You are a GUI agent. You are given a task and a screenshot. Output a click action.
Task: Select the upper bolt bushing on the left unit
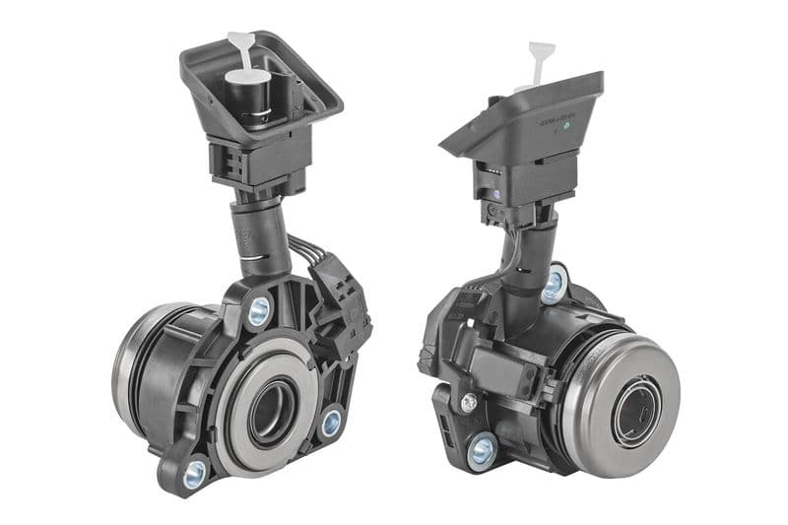[259, 312]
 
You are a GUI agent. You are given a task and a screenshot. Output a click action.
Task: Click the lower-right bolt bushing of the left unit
[331, 423]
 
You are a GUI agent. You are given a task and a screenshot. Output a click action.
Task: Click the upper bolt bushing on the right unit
[554, 286]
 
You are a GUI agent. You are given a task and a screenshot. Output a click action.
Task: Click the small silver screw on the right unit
[469, 402]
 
